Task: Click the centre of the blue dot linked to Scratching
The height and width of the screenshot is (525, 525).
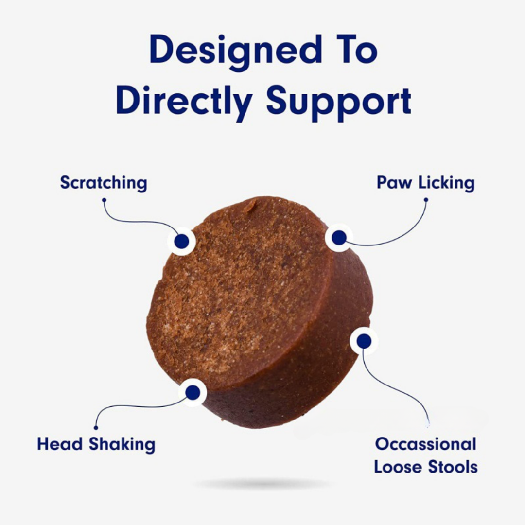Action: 181,241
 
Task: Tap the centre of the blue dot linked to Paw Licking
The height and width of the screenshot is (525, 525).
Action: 339,237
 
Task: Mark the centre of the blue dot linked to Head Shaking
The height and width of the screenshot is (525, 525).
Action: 192,392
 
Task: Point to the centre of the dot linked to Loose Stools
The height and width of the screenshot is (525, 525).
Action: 364,341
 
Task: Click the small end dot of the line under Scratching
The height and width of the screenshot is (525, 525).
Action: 104,200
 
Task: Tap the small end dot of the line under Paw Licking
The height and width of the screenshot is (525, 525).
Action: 426,200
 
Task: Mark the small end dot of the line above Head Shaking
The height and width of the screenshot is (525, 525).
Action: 96,428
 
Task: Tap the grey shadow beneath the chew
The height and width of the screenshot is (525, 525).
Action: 262,484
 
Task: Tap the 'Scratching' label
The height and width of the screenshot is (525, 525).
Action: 104,183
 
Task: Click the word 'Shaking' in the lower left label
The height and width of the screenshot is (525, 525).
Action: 122,445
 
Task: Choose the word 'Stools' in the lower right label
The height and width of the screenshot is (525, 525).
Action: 453,467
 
